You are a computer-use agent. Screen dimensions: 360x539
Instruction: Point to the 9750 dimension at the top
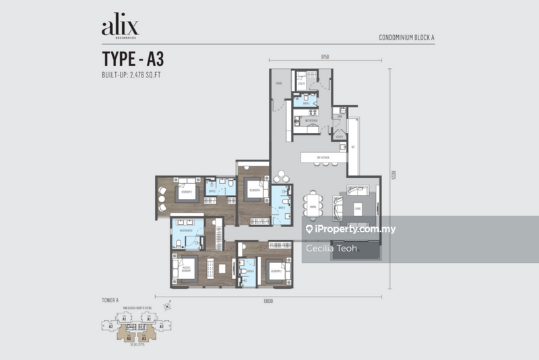click(x=323, y=58)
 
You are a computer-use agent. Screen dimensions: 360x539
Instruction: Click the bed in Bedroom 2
click(x=186, y=191)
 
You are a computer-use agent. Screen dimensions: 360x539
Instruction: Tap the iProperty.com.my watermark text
click(x=350, y=229)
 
